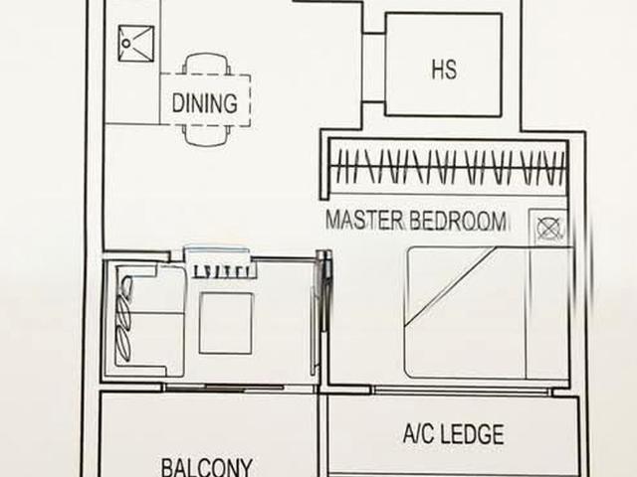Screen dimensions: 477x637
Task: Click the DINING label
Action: click(x=204, y=102)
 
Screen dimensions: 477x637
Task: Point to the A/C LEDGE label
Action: click(x=453, y=434)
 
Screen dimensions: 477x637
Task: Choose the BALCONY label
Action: click(x=206, y=466)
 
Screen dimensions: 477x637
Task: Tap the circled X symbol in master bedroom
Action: click(x=547, y=229)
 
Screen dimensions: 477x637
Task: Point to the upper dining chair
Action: click(x=207, y=65)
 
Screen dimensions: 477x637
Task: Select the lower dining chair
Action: click(x=207, y=136)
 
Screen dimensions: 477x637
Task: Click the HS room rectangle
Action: click(x=443, y=65)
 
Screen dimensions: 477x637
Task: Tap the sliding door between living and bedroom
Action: click(x=320, y=318)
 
